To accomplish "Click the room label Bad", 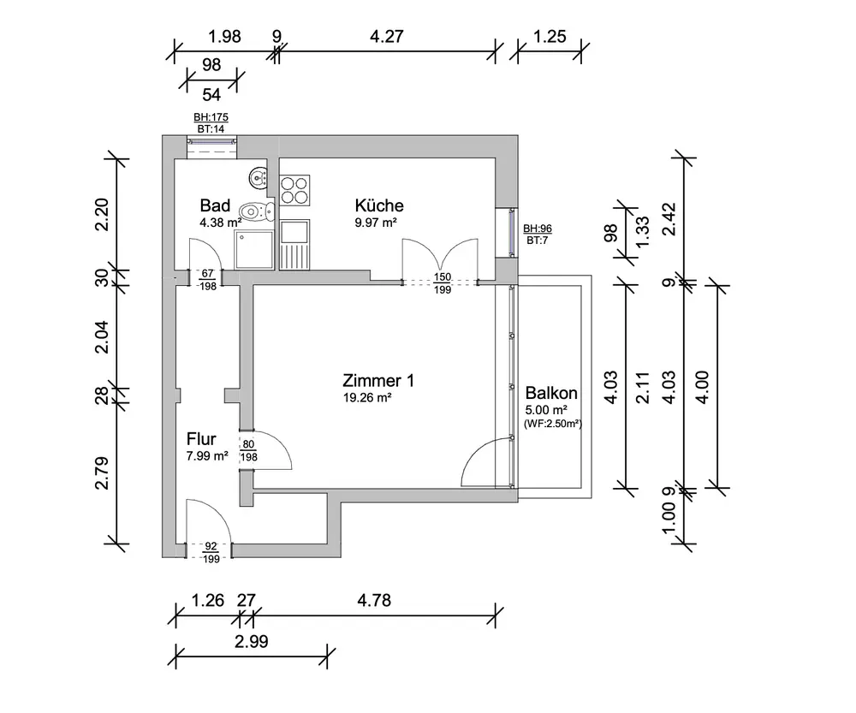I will (x=215, y=205).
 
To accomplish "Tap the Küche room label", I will (x=379, y=205).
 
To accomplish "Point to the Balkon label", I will (x=551, y=394).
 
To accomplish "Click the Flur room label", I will (x=201, y=439).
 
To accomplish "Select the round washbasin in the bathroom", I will (x=258, y=178).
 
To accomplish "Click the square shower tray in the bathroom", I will (x=254, y=247).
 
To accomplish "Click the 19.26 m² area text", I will (x=366, y=398).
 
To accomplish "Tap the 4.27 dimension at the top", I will (x=385, y=37).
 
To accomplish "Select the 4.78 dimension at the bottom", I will (x=373, y=601).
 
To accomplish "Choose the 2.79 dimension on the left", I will (x=102, y=472).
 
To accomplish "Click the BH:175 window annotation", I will (x=211, y=118).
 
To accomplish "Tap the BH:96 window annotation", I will (x=537, y=229).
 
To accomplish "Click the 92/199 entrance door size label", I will (x=211, y=551).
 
